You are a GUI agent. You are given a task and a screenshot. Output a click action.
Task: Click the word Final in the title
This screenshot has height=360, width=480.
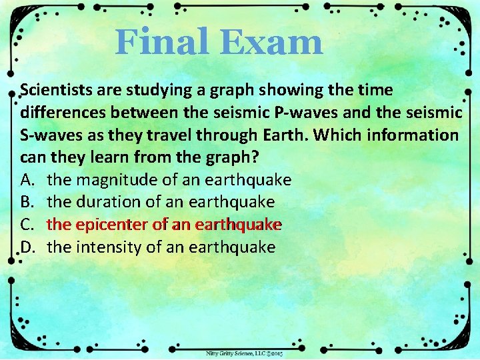pos(158,42)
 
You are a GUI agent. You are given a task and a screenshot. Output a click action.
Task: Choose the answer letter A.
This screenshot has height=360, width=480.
pos(28,180)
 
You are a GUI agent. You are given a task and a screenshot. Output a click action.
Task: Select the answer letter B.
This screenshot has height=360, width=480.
pos(28,202)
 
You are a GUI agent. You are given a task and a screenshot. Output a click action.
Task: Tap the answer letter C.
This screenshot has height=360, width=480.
pos(28,225)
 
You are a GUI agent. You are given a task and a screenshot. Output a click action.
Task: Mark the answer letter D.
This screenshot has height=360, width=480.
pos(28,247)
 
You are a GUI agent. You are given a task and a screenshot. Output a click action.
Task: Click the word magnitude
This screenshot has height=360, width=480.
pos(115,180)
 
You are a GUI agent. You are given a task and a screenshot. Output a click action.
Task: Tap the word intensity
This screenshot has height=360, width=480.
pos(107,247)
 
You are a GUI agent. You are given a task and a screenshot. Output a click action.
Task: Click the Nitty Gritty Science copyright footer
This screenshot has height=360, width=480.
pos(244,353)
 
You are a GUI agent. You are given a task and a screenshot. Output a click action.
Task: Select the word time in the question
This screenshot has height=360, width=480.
pos(375,89)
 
